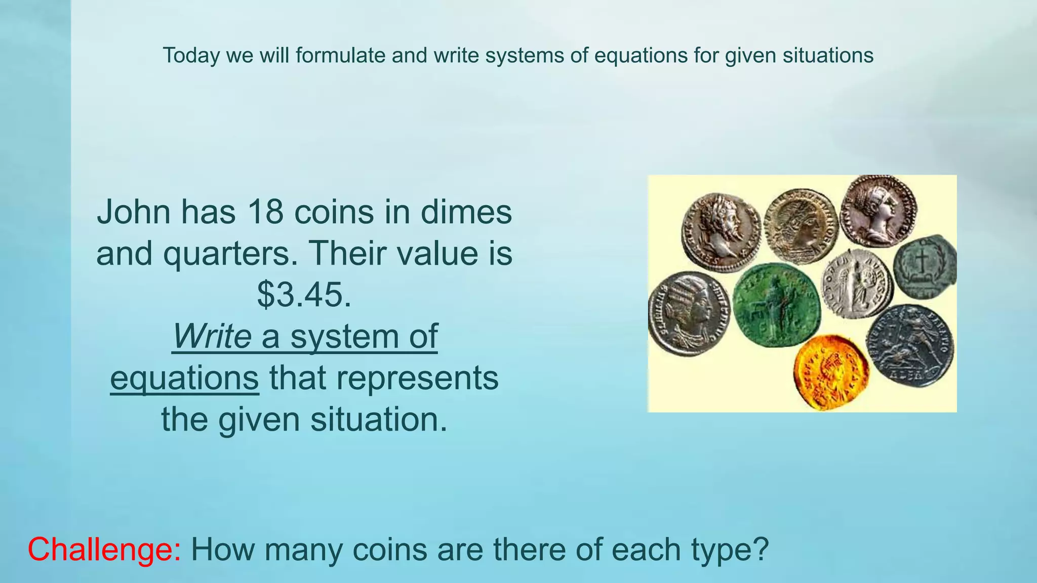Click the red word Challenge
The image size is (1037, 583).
pos(104,550)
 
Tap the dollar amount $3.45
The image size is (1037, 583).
pos(304,295)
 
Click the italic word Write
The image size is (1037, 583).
pos(212,336)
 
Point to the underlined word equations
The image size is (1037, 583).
pos(185,378)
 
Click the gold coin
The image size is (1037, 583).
pos(830,372)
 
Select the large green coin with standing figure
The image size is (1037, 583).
pos(777,305)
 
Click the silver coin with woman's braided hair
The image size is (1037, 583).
pos(688,313)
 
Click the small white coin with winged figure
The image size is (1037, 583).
pos(857,283)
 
